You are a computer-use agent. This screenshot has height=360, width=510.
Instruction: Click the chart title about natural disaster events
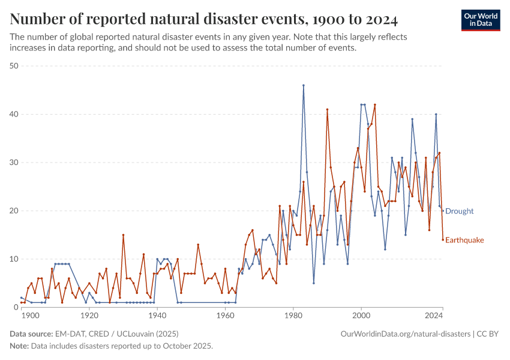pyautogui.click(x=204, y=19)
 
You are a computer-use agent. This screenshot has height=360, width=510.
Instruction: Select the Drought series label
pyautogui.click(x=459, y=211)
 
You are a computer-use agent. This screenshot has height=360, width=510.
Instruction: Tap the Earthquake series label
pyautogui.click(x=464, y=240)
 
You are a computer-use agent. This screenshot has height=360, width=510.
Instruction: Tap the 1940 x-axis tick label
pyautogui.click(x=157, y=316)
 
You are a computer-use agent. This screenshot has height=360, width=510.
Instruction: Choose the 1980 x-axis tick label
pyautogui.click(x=293, y=316)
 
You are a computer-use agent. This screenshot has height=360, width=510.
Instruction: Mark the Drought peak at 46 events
pyautogui.click(x=304, y=85)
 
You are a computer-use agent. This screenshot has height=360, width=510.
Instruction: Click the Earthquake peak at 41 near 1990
pyautogui.click(x=327, y=109)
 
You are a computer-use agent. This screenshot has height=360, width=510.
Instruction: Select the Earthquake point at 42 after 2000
pyautogui.click(x=375, y=104)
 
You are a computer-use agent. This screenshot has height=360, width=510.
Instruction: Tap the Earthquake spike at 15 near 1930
pyautogui.click(x=123, y=235)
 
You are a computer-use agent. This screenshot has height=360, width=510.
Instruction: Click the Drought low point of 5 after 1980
pyautogui.click(x=314, y=283)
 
